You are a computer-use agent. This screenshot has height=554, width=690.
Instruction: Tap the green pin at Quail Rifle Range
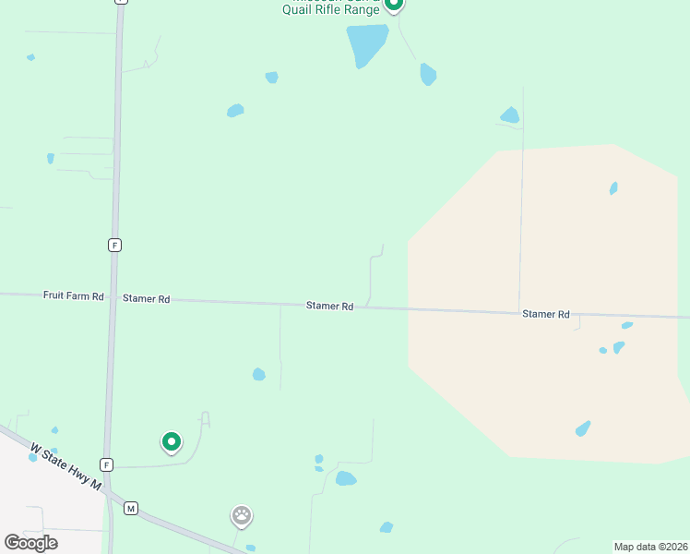tap(394, 4)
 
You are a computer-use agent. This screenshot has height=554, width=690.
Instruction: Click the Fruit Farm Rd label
tap(73, 295)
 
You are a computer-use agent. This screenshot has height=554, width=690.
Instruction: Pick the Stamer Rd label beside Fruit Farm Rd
tap(146, 299)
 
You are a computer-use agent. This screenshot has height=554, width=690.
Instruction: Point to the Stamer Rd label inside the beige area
tap(545, 314)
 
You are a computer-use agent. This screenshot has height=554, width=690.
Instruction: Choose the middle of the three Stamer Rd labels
tap(330, 306)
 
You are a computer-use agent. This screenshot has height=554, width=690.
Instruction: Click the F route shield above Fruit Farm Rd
tap(114, 245)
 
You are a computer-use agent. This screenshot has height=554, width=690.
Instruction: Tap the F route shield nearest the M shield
tap(108, 464)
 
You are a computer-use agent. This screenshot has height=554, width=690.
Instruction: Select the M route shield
tap(131, 509)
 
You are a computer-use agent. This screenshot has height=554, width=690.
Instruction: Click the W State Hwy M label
tap(65, 467)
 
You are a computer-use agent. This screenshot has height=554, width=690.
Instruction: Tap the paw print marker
tap(242, 516)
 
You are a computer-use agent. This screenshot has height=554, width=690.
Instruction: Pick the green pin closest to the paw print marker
tap(171, 442)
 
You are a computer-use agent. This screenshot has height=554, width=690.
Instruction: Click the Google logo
tap(30, 542)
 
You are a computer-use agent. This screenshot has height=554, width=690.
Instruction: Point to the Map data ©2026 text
tap(649, 547)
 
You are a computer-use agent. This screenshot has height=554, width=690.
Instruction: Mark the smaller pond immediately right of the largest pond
tap(428, 74)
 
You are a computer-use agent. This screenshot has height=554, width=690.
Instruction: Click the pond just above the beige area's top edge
tap(509, 115)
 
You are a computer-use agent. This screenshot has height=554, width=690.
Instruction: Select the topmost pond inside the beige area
tap(613, 188)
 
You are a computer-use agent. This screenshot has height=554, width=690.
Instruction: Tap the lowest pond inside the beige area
tap(583, 428)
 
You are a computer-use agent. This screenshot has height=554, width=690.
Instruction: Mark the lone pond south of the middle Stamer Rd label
tap(259, 374)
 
